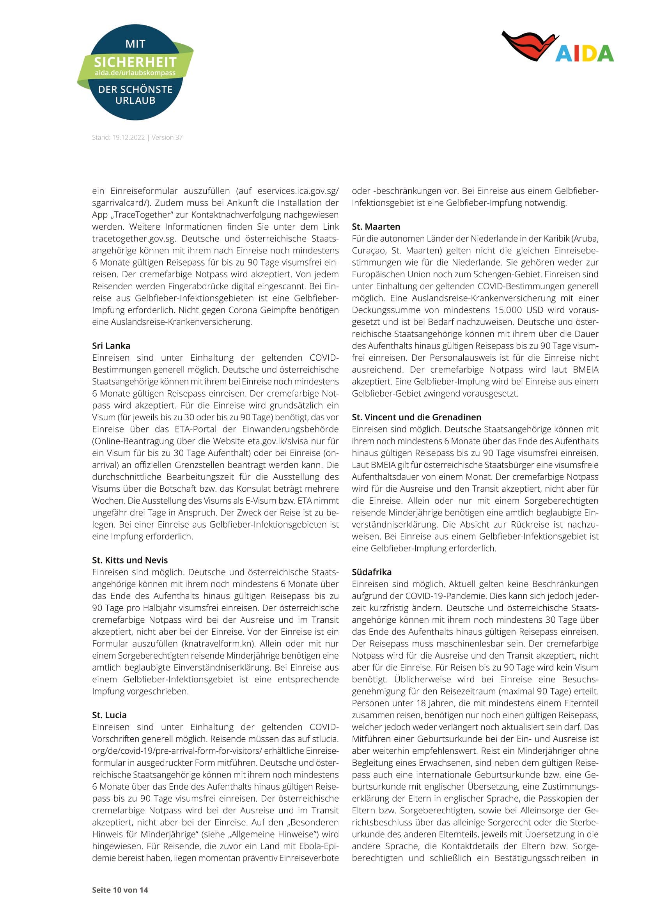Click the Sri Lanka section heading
[111, 345]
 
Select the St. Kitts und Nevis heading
[130, 560]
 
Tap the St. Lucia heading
[109, 715]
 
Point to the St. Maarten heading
[376, 227]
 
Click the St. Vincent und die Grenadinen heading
[416, 417]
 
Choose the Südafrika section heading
[371, 572]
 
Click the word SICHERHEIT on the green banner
[135, 62]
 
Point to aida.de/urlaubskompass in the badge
[135, 73]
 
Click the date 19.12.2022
[128, 137]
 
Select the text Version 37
[167, 137]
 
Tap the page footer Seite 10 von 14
[120, 890]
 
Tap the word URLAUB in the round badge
[135, 101]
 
